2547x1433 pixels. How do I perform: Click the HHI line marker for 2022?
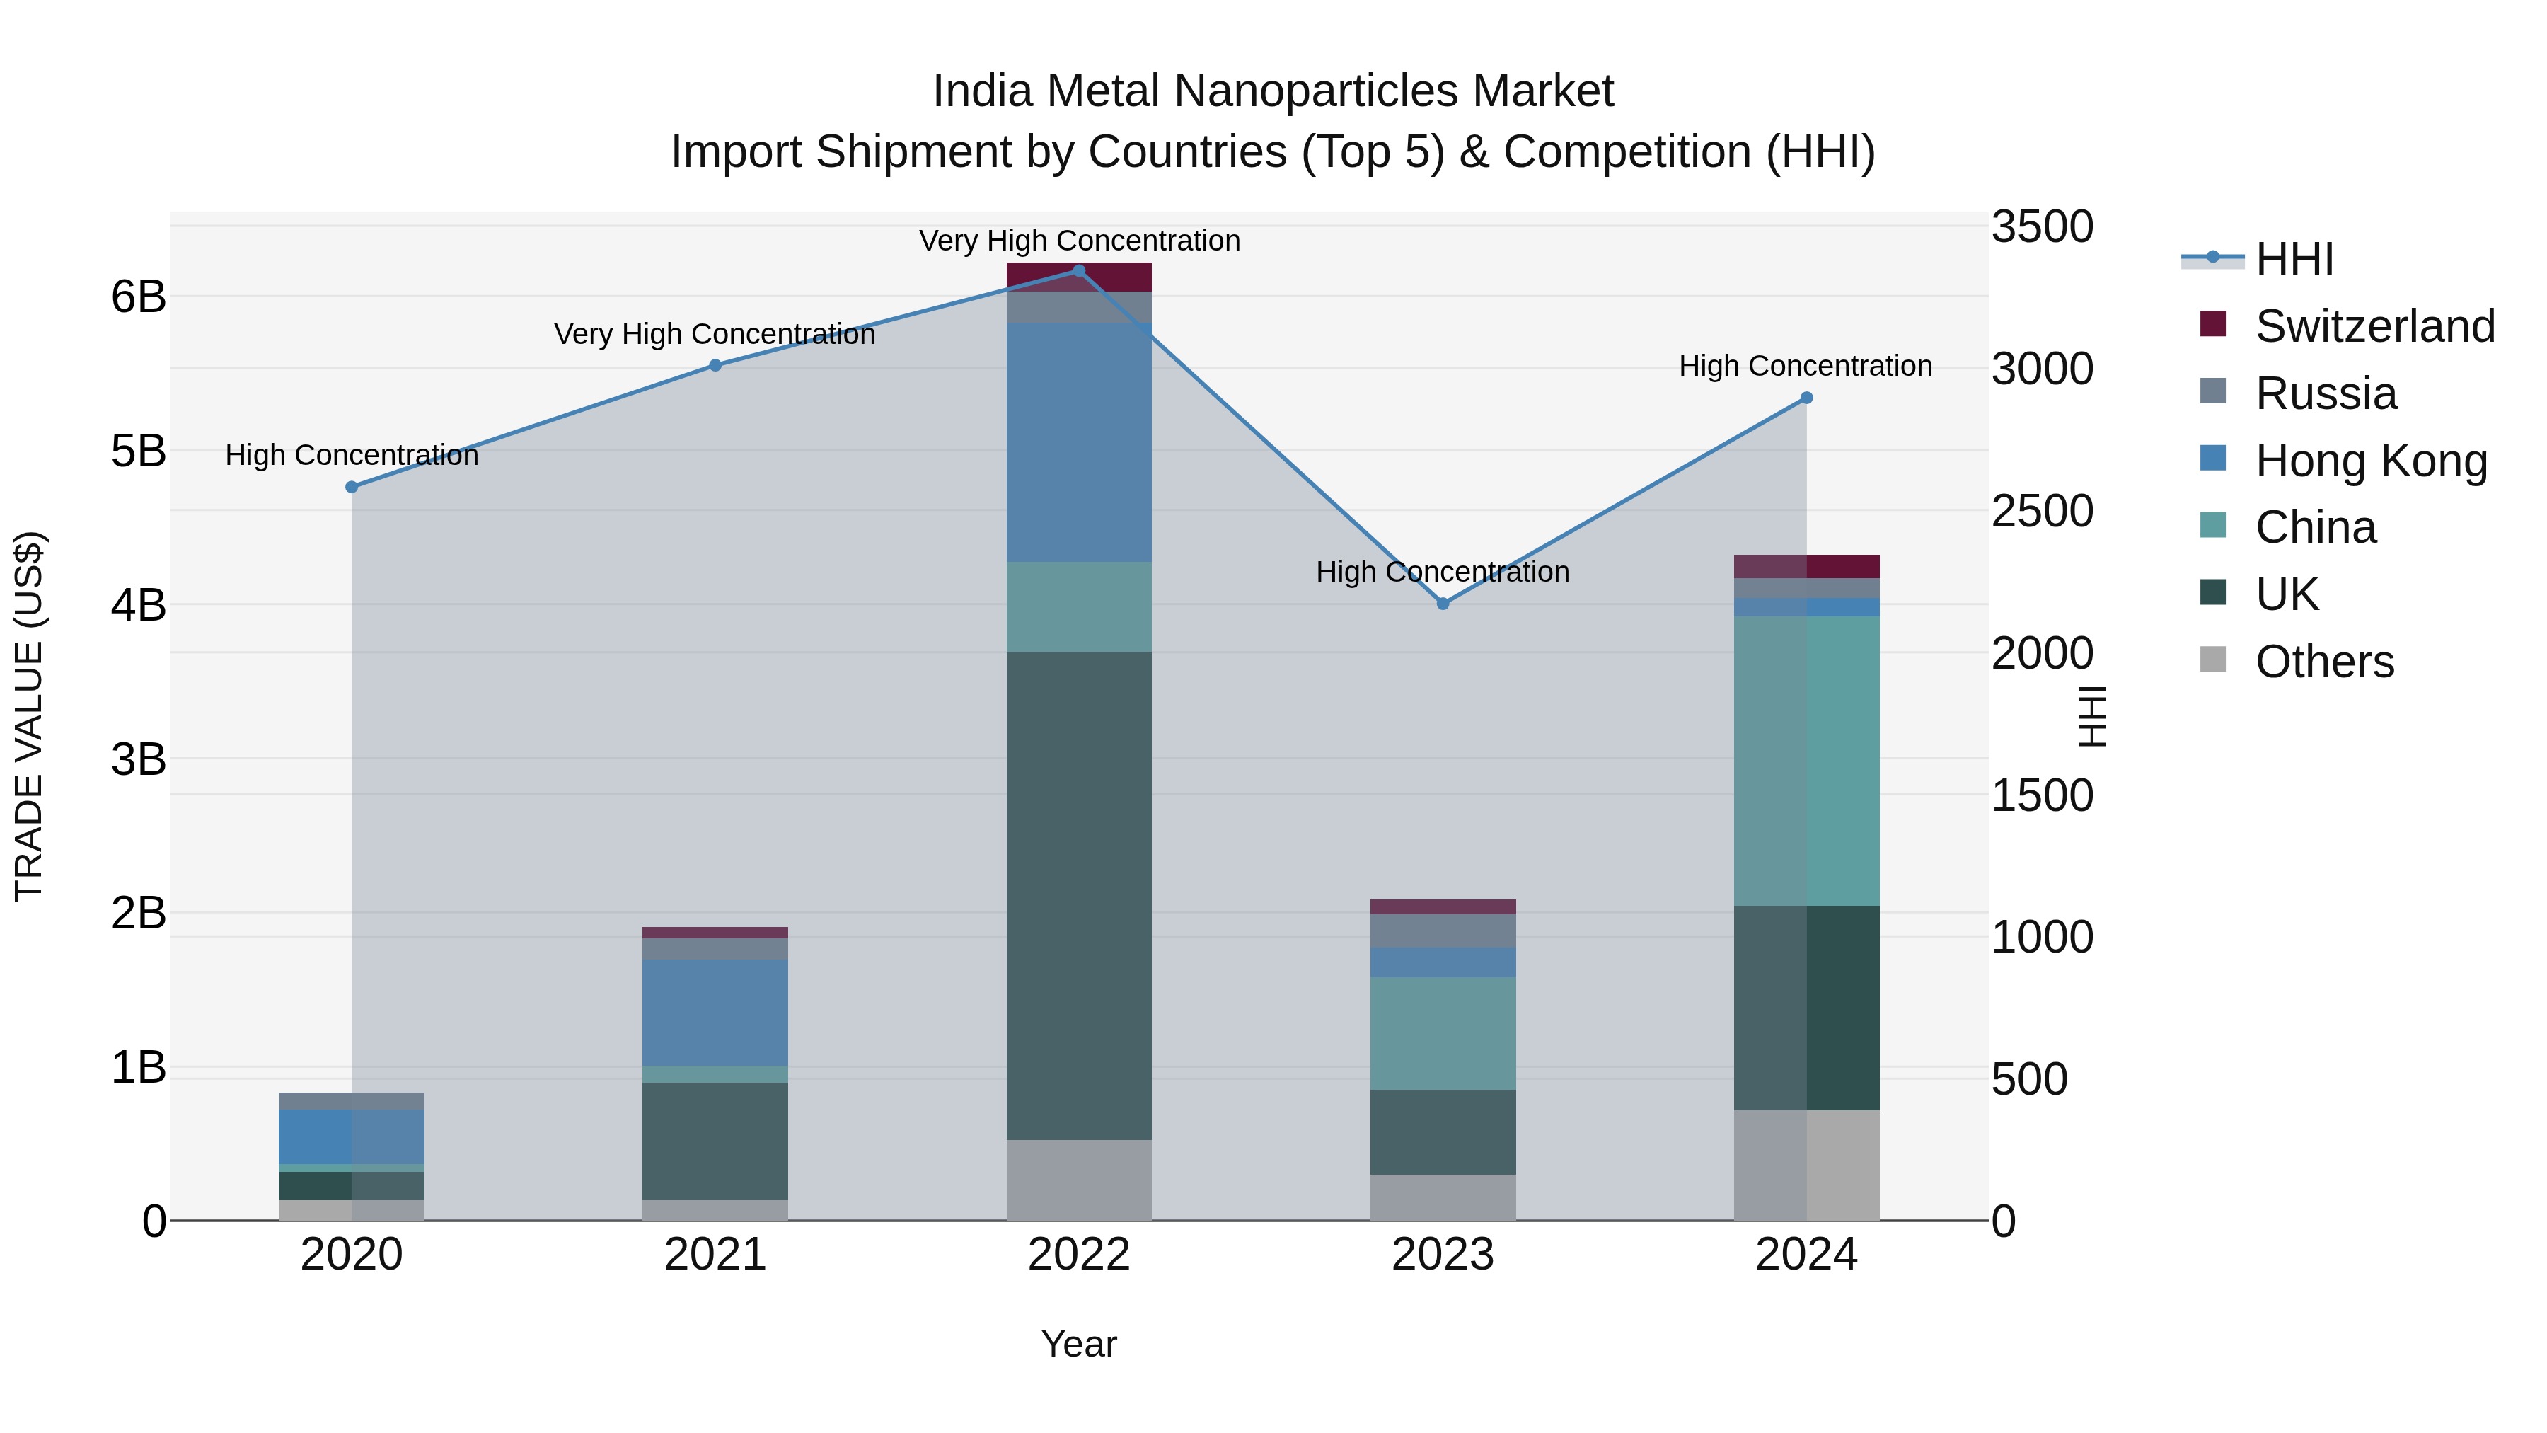(x=1079, y=270)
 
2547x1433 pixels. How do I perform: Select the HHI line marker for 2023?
(x=1443, y=603)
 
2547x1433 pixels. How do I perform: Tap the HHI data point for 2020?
(x=352, y=487)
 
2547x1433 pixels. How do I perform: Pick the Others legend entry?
(x=2323, y=661)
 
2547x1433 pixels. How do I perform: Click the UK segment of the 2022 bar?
(x=1079, y=895)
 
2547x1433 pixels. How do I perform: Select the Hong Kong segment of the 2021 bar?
(x=715, y=1012)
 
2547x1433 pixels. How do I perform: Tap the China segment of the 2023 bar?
(x=1443, y=1032)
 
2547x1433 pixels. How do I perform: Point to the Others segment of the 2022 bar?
(x=1079, y=1179)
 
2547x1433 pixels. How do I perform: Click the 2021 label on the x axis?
(x=715, y=1255)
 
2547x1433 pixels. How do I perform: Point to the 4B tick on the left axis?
(x=139, y=604)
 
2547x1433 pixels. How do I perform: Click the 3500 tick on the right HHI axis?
(x=2042, y=226)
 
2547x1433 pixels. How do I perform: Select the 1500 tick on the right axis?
(x=2042, y=795)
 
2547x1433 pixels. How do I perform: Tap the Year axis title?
(x=1079, y=1344)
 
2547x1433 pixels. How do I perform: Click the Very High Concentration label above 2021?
(x=715, y=334)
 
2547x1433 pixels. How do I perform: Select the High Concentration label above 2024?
(x=1806, y=366)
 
